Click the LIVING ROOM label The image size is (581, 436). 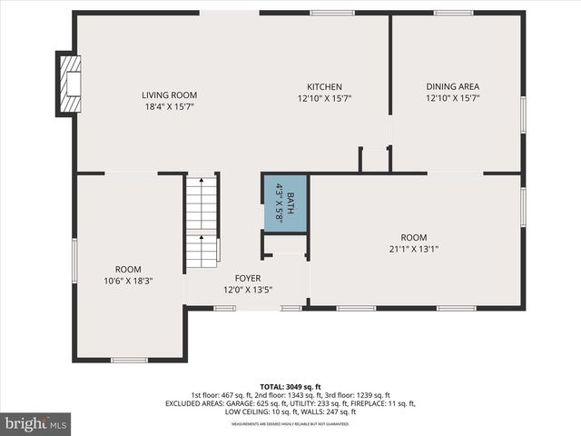[169, 94]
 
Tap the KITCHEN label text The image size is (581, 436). [324, 86]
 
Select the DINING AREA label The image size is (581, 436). [452, 86]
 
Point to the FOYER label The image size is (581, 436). [248, 278]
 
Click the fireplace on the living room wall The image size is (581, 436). [69, 84]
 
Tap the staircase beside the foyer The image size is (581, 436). [202, 222]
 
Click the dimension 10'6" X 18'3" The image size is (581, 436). [128, 281]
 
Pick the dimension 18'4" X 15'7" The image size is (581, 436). [169, 106]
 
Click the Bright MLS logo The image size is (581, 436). [36, 423]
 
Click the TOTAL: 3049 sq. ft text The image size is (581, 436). [290, 386]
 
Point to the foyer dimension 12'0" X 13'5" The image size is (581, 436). [248, 290]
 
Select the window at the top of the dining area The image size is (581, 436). [452, 13]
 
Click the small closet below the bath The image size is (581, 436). [285, 245]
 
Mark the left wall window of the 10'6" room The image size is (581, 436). [74, 261]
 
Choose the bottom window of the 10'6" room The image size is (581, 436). [129, 360]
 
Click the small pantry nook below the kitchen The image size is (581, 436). [374, 158]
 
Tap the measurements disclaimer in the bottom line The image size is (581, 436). [290, 424]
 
